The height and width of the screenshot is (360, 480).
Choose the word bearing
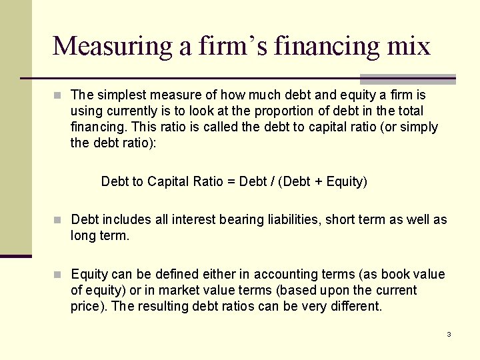238,219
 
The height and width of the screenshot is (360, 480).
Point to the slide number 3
449,334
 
